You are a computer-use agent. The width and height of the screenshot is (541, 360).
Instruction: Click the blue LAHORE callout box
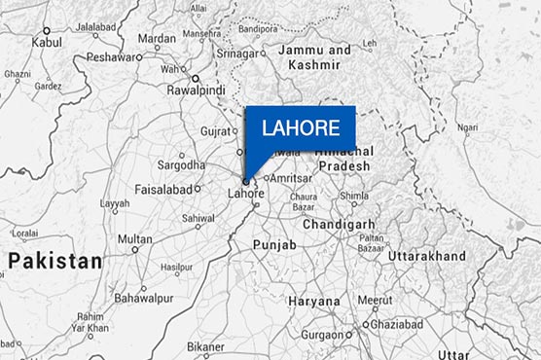tap(301, 127)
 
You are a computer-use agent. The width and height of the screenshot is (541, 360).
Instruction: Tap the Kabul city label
tap(46, 43)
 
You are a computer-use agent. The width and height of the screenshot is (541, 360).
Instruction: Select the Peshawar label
tap(108, 57)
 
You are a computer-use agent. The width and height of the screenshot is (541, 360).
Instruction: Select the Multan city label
tap(134, 239)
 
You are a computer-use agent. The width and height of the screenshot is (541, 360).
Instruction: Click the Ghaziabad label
tap(400, 324)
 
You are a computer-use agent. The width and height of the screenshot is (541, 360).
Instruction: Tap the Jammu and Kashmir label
tap(315, 56)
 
